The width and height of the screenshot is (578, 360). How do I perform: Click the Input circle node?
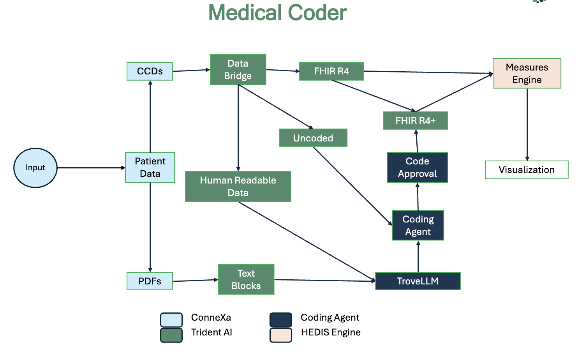(35, 168)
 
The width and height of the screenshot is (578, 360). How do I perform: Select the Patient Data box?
(150, 168)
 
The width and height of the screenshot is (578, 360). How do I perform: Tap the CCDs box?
(150, 71)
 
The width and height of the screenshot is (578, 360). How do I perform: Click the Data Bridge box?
(238, 70)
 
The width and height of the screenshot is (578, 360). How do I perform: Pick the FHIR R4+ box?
(416, 121)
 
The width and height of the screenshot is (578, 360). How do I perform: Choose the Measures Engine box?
(527, 73)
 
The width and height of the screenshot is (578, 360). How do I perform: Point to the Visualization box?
(527, 170)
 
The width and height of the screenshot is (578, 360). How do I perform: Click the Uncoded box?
(313, 138)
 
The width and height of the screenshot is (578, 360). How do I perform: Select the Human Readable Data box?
(238, 186)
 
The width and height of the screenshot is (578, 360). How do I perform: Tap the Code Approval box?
(418, 168)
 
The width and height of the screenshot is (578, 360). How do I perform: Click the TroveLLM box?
(418, 281)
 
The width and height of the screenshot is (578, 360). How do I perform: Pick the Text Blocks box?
(246, 280)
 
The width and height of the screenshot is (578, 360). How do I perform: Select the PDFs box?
(150, 281)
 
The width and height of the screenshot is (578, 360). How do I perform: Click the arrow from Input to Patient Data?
(91, 168)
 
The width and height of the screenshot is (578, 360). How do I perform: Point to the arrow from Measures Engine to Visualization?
(527, 125)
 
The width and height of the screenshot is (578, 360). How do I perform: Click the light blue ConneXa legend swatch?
(171, 320)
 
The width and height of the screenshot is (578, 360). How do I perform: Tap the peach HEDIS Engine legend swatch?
(281, 335)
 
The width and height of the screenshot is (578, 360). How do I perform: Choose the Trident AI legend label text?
(211, 332)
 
